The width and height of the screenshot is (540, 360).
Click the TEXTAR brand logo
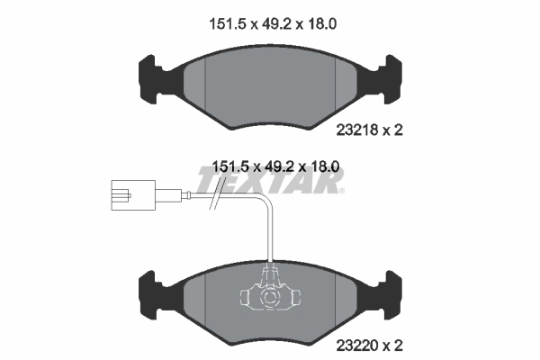pyautogui.click(x=270, y=183)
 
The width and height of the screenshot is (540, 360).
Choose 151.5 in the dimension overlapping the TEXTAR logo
pyautogui.click(x=228, y=167)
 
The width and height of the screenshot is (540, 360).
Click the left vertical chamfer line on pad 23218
pyautogui.click(x=206, y=85)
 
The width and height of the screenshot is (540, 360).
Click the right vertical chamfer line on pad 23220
pyautogui.click(x=333, y=297)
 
